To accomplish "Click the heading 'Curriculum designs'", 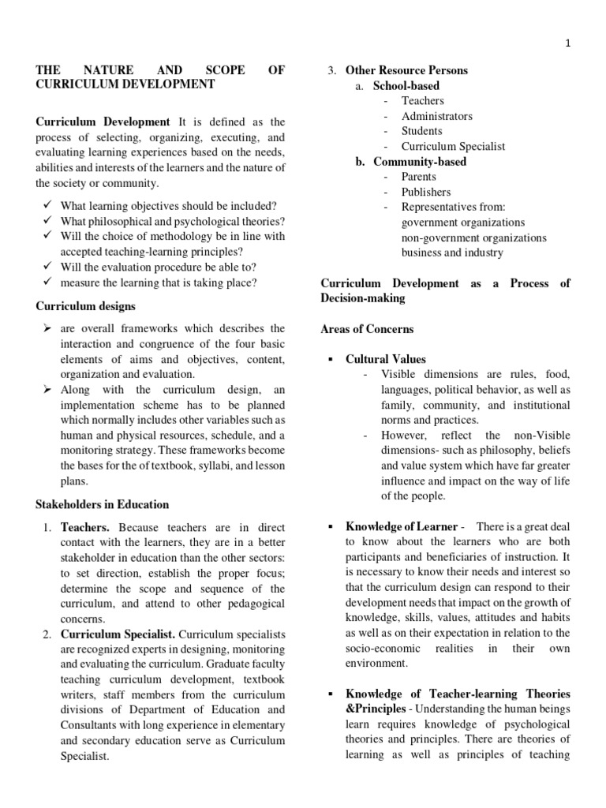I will [86, 306].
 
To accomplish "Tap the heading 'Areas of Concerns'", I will [367, 329].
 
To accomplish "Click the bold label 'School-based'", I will [406, 85].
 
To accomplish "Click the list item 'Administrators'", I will [437, 116].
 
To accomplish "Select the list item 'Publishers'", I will [426, 192].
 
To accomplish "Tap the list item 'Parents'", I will [419, 177].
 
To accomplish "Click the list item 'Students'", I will [421, 131].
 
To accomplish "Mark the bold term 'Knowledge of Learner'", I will [402, 526].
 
